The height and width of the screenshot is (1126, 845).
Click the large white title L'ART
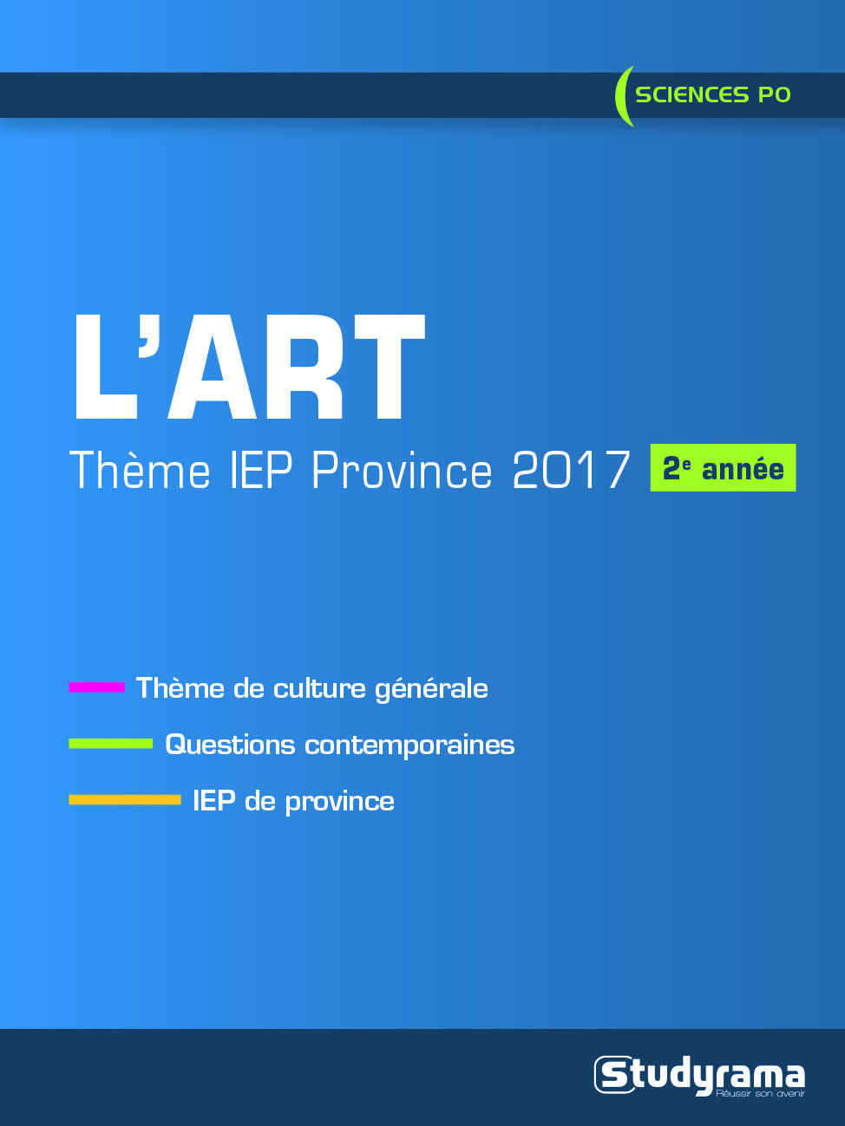point(249,368)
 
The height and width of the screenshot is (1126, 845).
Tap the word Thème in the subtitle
point(140,471)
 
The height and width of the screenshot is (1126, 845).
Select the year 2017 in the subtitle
point(570,471)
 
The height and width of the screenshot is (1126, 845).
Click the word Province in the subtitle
point(402,471)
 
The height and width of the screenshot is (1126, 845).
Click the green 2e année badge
point(723,468)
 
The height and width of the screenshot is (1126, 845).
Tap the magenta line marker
point(96,687)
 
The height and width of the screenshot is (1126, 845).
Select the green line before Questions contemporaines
point(110,744)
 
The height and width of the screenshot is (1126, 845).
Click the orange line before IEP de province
point(124,800)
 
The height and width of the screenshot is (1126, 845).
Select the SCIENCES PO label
point(712,94)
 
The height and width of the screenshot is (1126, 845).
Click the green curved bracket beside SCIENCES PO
point(622,95)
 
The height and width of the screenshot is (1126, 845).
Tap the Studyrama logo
point(699,1076)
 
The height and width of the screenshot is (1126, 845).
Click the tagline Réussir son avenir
point(760,1094)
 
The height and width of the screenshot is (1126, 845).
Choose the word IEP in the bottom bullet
point(213,800)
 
